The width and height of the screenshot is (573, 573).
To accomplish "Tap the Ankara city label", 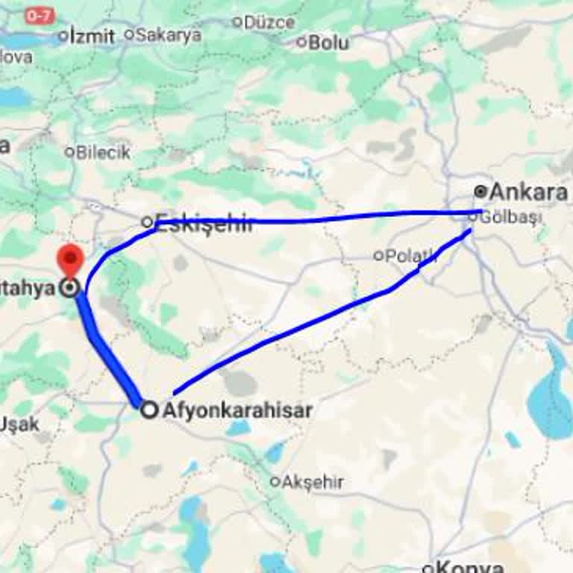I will point(528,192).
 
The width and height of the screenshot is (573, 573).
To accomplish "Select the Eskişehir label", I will point(204,222).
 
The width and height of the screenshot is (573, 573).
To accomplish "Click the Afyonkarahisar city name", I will point(237,410).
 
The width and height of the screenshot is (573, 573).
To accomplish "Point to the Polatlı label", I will point(410,256).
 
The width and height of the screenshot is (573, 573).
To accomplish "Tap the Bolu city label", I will point(328,43).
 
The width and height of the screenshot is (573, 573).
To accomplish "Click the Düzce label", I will point(269,22).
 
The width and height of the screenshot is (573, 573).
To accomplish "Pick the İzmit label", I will point(92,36).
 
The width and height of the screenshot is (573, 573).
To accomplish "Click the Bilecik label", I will point(103,152).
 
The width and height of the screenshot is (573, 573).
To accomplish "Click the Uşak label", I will point(19,425).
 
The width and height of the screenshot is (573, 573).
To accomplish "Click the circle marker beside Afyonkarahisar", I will point(150,410).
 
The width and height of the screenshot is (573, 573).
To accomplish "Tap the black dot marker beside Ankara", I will point(481,192).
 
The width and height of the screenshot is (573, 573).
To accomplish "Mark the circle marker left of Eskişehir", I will point(147,222).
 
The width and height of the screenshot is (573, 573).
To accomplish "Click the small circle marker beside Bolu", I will point(301,43).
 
